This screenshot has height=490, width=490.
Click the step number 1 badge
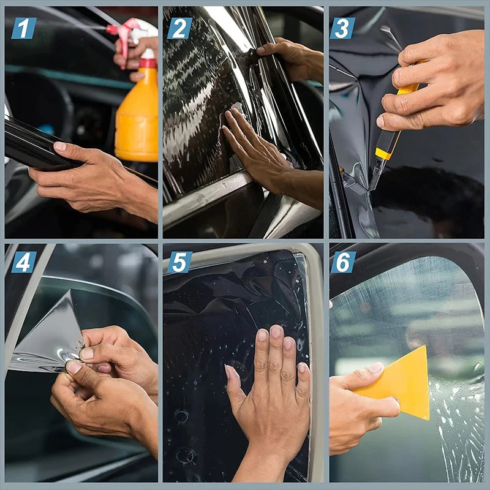click(23, 28)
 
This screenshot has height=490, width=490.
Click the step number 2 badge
click(180, 28)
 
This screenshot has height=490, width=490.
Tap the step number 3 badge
click(342, 28)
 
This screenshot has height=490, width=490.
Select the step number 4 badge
click(23, 262)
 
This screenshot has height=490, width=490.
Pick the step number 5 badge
click(179, 262)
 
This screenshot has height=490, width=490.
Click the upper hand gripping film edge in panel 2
click(291, 58)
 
